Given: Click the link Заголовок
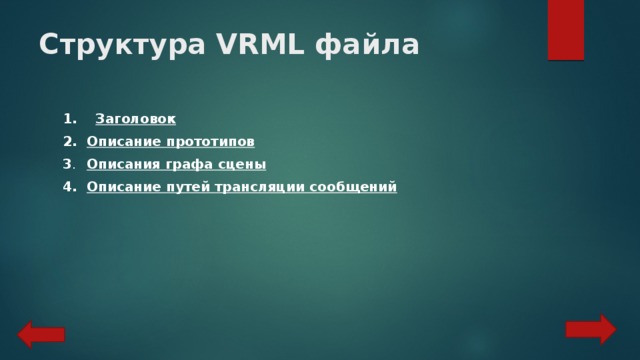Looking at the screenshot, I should pyautogui.click(x=134, y=119).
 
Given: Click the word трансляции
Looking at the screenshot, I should pyautogui.click(x=255, y=187).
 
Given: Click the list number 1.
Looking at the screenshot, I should pyautogui.click(x=68, y=119).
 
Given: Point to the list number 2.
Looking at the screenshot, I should pyautogui.click(x=68, y=142).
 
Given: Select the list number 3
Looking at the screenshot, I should pyautogui.click(x=68, y=164).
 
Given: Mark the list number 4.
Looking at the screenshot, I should pyautogui.click(x=68, y=187).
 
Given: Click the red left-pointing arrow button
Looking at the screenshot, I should pyautogui.click(x=41, y=334).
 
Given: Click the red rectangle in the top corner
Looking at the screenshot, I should pyautogui.click(x=566, y=29).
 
